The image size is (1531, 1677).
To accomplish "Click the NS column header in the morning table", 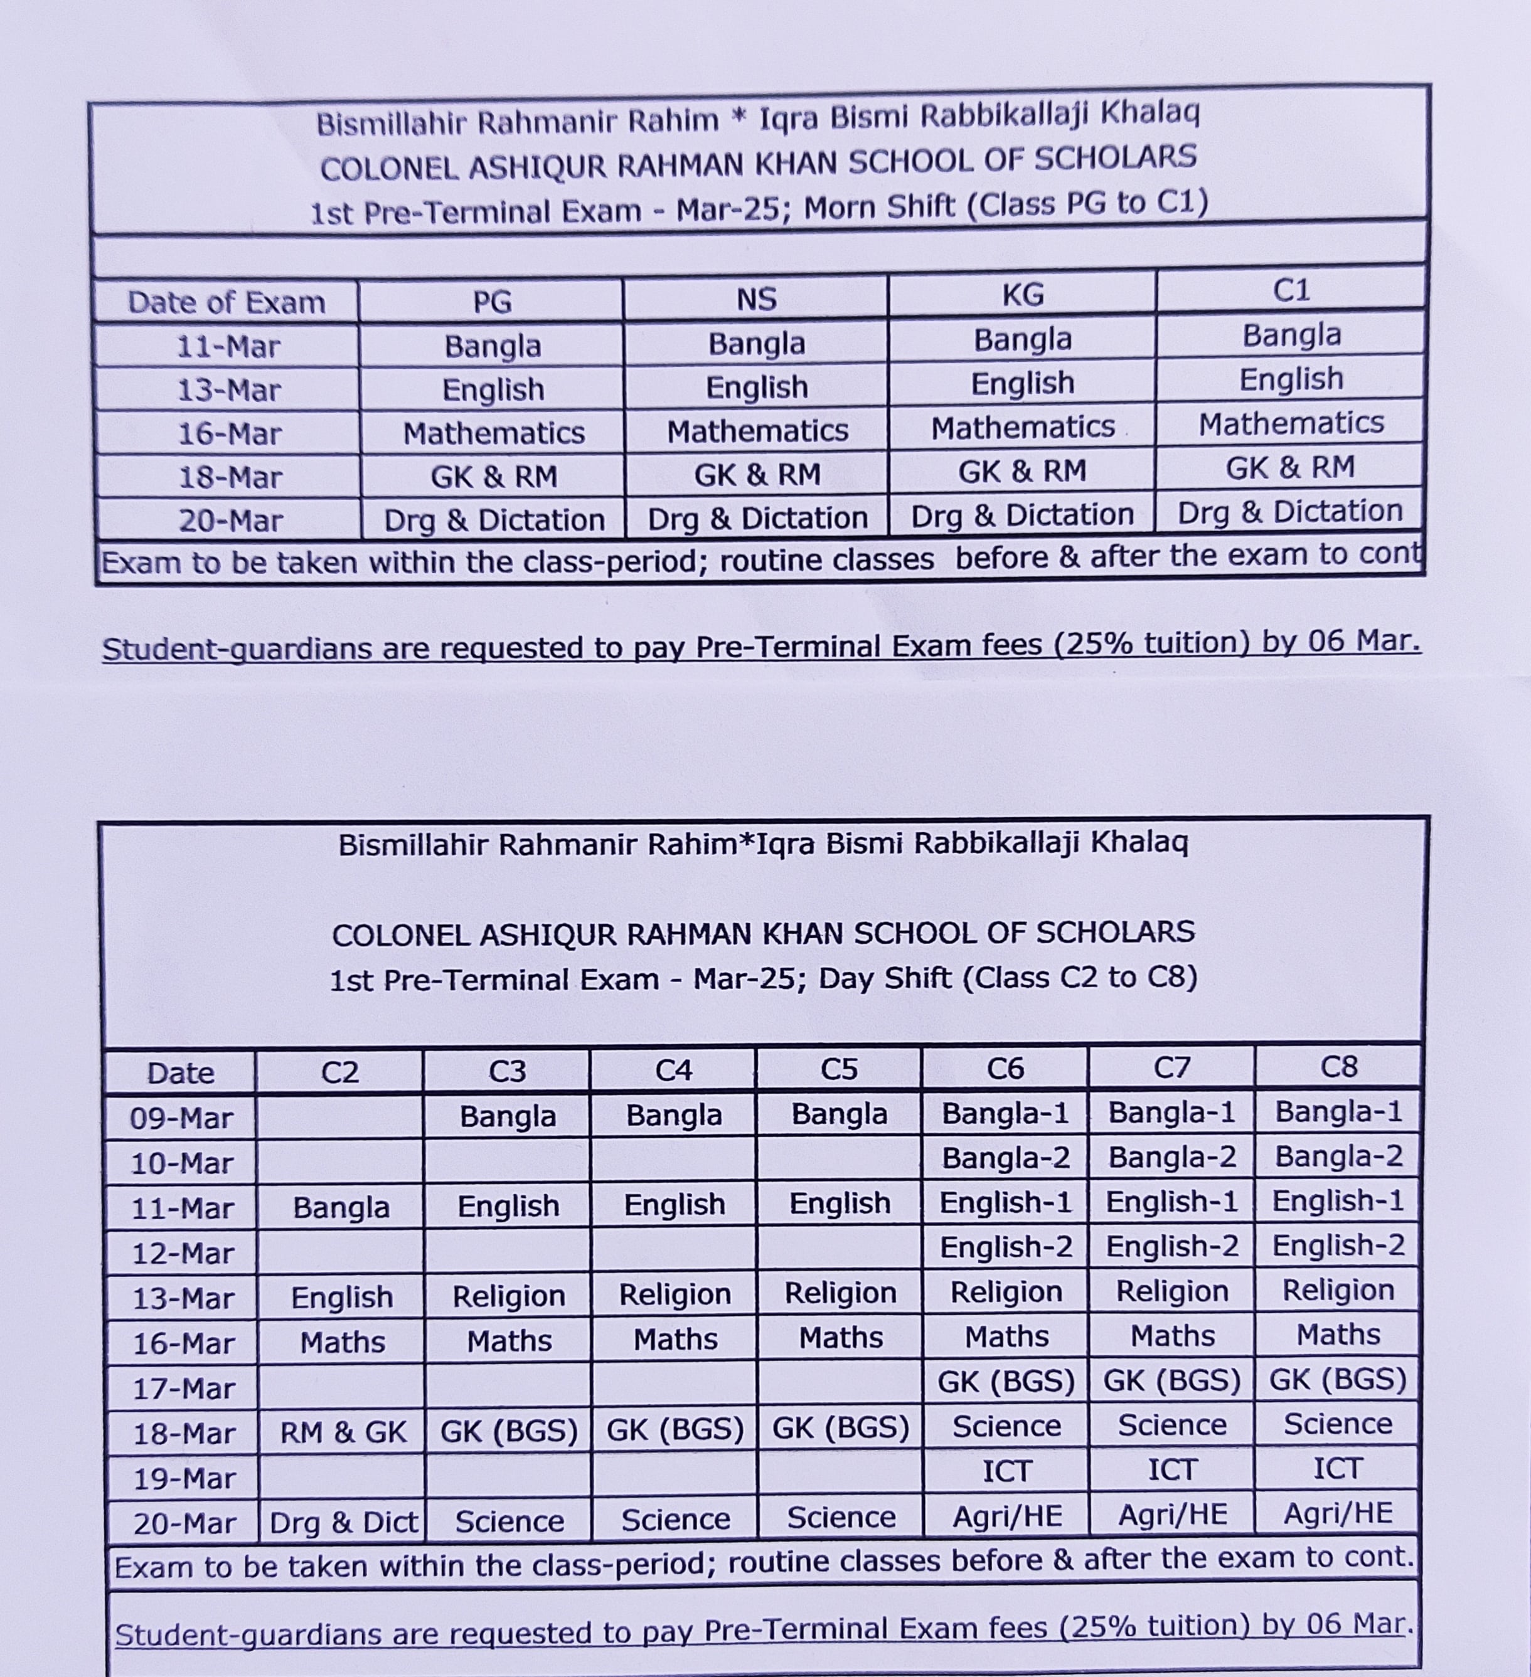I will tap(756, 299).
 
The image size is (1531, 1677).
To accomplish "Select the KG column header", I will tap(1023, 295).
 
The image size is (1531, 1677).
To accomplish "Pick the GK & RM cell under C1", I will tap(1289, 467).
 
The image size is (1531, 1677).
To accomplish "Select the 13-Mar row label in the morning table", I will tap(229, 390).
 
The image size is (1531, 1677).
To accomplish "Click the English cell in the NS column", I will tap(756, 388).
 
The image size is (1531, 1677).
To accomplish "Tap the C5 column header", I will tap(839, 1069).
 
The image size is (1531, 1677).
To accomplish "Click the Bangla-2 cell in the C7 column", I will tap(1171, 1157).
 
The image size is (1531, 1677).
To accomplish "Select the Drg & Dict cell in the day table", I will tap(343, 1522).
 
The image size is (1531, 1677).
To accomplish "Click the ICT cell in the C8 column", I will tap(1337, 1469).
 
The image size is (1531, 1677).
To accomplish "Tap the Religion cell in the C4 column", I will tap(675, 1294).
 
